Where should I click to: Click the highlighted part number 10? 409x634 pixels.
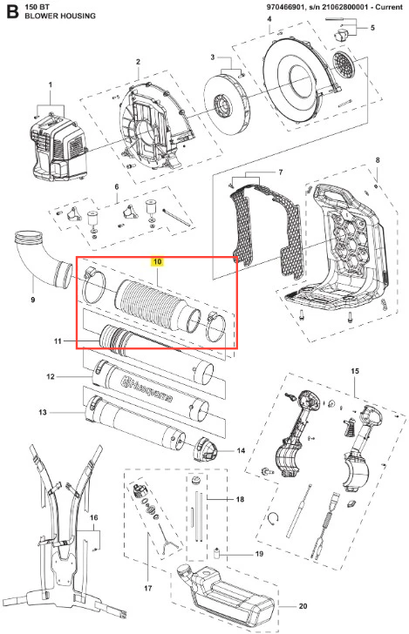[158, 261]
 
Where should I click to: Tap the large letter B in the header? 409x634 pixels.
[12, 12]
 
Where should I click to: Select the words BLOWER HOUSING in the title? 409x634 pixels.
[60, 17]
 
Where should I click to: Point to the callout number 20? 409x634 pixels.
[303, 606]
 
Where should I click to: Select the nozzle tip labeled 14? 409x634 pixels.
[208, 449]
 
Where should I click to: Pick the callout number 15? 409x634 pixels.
[355, 371]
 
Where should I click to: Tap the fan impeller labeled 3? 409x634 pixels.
[227, 103]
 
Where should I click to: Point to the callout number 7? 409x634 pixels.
[280, 172]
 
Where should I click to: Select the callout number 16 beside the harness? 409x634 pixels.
[93, 517]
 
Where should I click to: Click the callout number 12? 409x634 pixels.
[51, 376]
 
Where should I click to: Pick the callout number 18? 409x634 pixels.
[240, 499]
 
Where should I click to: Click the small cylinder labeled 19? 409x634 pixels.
[216, 552]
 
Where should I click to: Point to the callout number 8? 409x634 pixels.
[378, 160]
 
